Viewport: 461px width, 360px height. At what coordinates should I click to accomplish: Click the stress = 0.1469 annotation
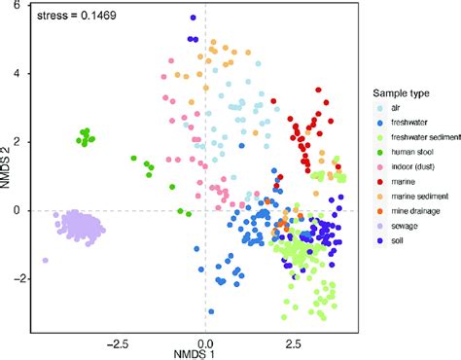click(75, 18)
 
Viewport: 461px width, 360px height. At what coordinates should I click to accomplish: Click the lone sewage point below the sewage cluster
click(45, 260)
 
